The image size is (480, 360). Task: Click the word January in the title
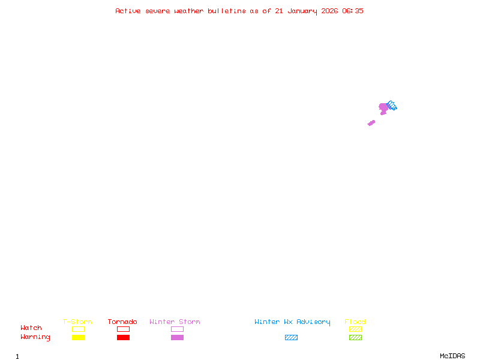point(302,11)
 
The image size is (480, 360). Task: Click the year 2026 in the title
point(329,11)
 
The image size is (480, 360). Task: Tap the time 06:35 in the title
point(353,11)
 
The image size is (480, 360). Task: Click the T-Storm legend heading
point(77,322)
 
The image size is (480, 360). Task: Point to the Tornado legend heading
point(122,322)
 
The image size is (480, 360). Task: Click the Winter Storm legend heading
point(175,322)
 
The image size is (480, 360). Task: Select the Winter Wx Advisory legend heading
point(292,322)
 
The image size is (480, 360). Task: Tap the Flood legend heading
point(355,322)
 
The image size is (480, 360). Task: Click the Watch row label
point(31,328)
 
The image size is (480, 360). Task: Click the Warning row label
point(35,337)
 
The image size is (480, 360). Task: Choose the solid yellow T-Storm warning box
point(79,337)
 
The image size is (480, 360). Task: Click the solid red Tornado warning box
point(124,337)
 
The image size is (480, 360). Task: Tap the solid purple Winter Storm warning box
point(177,337)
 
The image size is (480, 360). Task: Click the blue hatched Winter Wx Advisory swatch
point(291,337)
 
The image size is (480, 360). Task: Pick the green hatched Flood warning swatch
point(355,337)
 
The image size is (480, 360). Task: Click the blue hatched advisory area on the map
point(392,106)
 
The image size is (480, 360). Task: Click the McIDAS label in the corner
point(452,356)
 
